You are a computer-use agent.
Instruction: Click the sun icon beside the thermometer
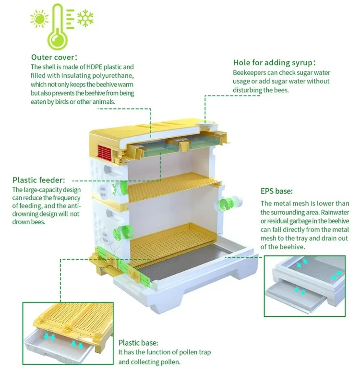coord(38,19)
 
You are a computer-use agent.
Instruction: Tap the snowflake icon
coord(85,18)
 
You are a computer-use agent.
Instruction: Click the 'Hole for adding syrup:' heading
coord(275,63)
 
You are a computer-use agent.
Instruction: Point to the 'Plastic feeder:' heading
coord(38,180)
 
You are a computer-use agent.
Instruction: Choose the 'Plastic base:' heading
coord(138,343)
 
